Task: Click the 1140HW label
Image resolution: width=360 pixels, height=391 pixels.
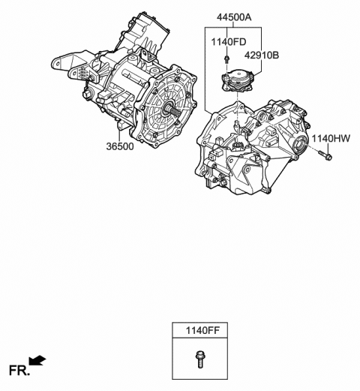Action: tap(331, 138)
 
